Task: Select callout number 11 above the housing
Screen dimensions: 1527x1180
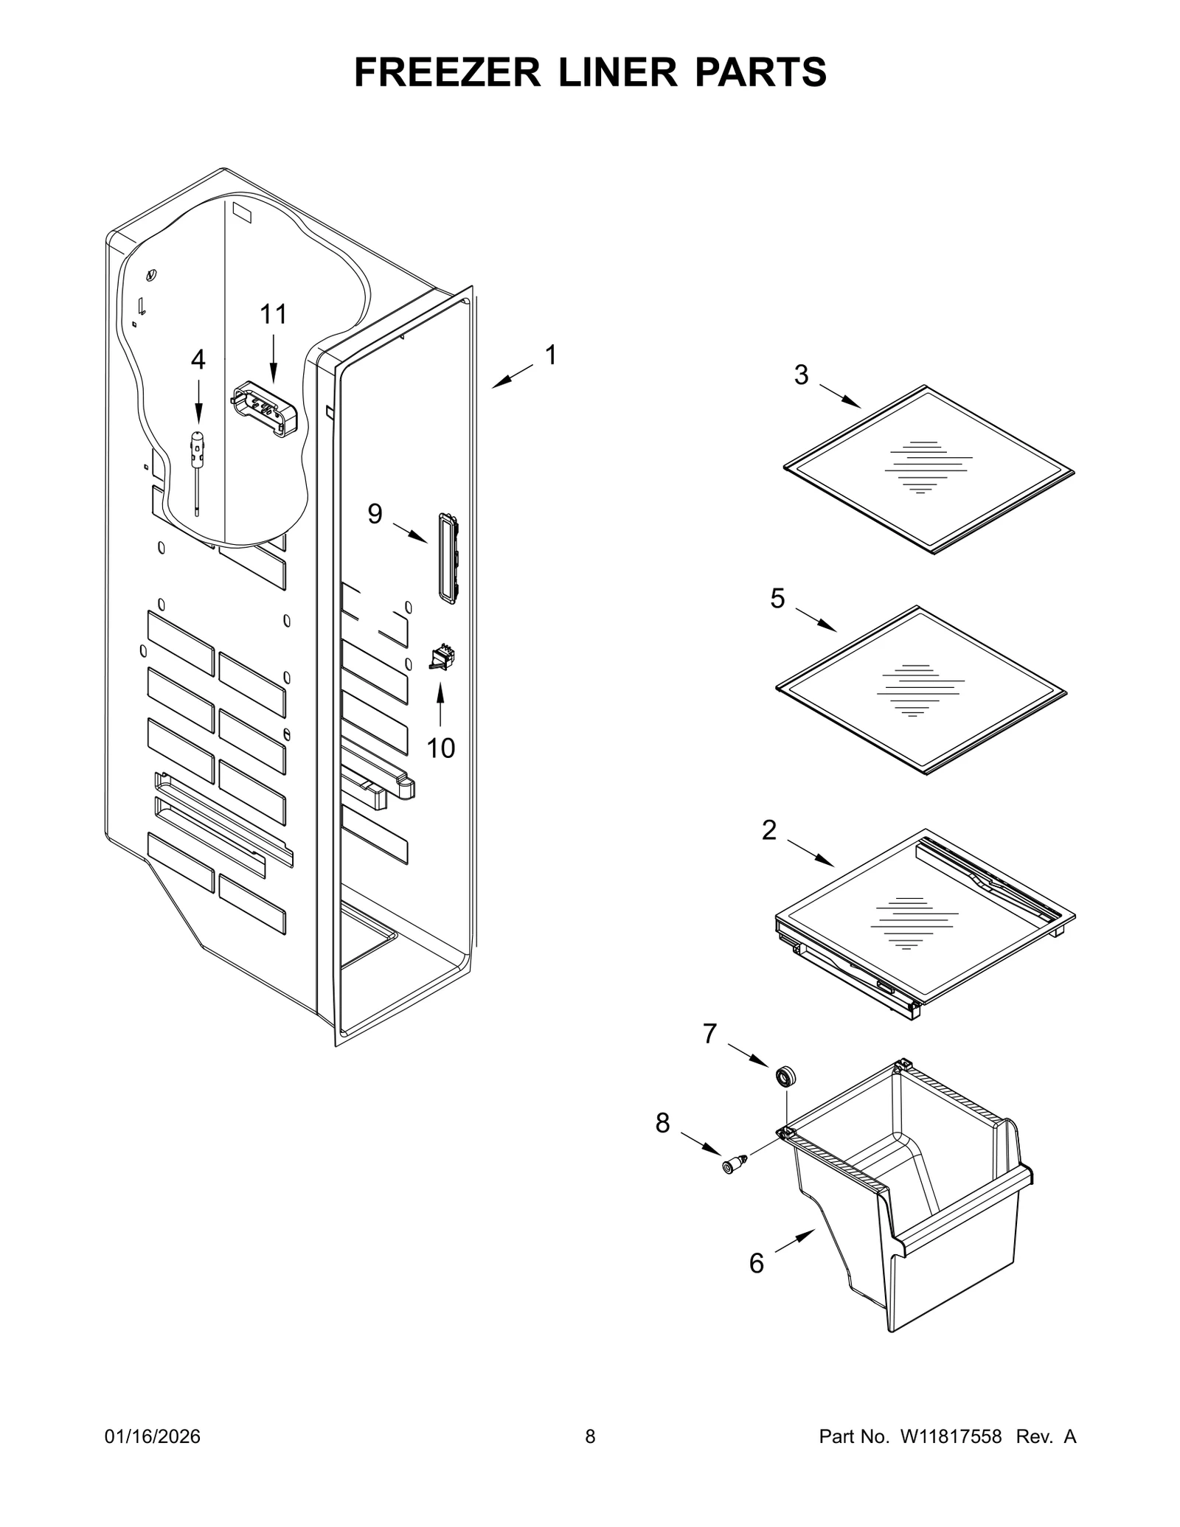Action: pos(273,315)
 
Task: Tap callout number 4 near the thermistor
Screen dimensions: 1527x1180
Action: pos(198,360)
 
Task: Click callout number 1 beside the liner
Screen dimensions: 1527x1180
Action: pos(550,355)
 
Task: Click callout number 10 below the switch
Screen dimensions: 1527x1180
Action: pos(441,748)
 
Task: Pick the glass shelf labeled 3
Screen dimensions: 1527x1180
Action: pos(928,469)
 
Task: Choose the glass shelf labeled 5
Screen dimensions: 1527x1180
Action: pos(920,690)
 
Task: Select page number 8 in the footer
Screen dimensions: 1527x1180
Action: pos(590,1436)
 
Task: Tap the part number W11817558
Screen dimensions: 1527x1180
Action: pos(949,1436)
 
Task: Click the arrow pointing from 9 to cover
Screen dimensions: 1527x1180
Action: pos(410,532)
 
